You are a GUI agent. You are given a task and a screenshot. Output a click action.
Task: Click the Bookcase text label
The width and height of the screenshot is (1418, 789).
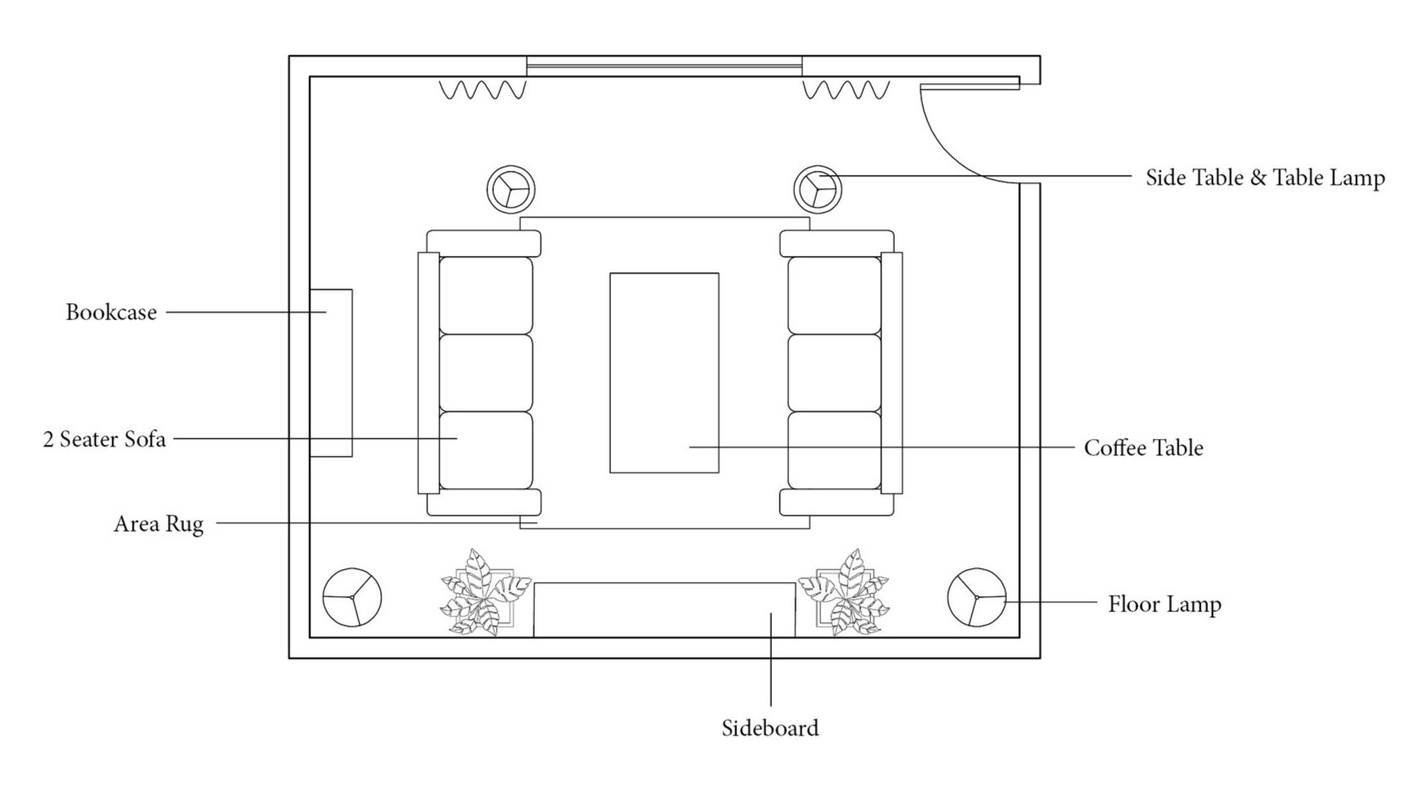[111, 312]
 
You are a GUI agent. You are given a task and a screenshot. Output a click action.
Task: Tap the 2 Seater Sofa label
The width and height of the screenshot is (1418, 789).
[105, 439]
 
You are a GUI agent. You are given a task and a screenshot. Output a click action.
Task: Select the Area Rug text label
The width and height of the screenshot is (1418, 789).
[159, 523]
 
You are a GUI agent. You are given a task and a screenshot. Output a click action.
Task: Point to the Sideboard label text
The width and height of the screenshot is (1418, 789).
[770, 728]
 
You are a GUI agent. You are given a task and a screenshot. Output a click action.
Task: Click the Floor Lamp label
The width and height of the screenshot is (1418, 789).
[1164, 604]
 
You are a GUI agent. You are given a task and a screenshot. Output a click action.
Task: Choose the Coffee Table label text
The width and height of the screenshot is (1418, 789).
[1143, 448]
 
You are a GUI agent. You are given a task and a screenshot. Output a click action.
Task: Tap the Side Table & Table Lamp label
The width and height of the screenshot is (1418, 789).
[1264, 177]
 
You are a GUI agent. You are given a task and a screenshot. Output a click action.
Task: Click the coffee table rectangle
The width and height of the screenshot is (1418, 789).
[664, 373]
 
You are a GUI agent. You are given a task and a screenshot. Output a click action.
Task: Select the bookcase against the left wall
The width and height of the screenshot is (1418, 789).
[331, 373]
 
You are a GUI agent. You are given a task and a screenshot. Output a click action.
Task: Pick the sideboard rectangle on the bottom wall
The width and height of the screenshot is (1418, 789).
[664, 610]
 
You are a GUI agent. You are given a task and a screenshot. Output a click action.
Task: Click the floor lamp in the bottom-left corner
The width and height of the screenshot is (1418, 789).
[352, 597]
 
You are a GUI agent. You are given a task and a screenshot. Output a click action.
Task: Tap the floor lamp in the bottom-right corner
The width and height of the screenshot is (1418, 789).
[976, 597]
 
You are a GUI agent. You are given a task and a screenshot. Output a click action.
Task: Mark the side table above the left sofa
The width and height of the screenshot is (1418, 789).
[510, 189]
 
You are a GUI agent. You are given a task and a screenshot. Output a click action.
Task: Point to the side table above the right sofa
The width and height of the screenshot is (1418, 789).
[818, 189]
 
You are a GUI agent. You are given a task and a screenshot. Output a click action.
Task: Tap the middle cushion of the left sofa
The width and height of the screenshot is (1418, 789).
[486, 373]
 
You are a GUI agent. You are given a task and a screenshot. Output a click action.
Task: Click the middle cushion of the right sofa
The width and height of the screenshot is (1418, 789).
[834, 373]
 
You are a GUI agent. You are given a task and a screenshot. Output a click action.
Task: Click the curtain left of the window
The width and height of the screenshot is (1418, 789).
[482, 89]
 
